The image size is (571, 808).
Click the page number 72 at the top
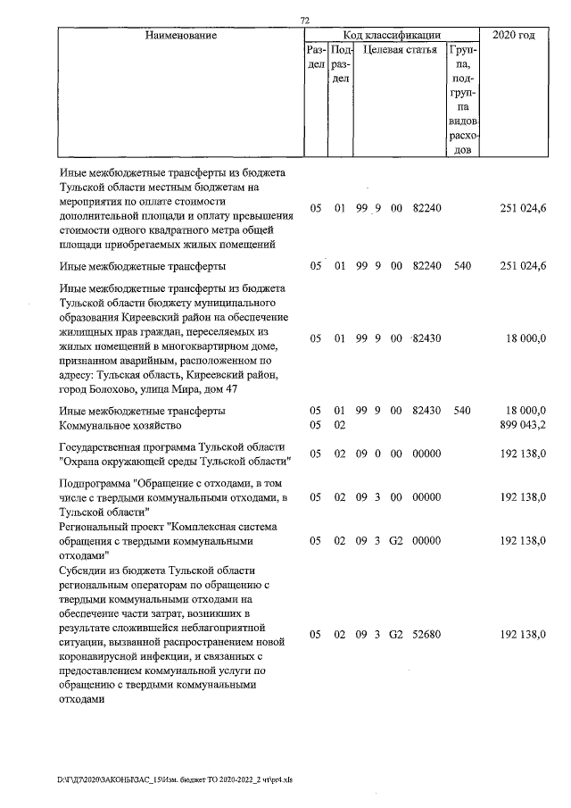click(303, 19)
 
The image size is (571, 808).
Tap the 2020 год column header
click(514, 35)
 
